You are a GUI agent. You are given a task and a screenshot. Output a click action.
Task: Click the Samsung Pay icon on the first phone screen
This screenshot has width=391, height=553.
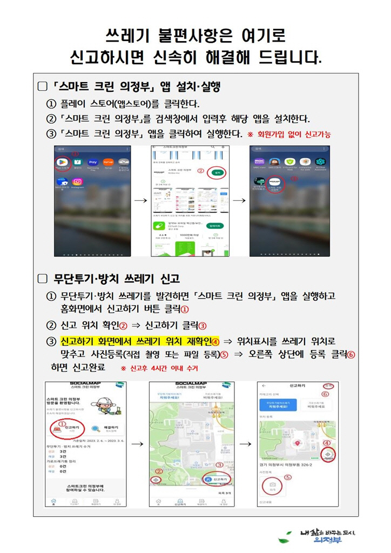pyautogui.click(x=92, y=163)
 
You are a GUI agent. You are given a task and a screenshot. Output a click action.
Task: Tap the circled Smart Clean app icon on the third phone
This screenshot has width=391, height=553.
pyautogui.click(x=275, y=183)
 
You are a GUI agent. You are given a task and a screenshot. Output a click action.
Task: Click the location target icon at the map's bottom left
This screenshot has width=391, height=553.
pyautogui.click(x=156, y=480)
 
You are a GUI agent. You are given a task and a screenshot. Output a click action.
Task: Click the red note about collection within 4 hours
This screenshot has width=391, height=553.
pyautogui.click(x=159, y=368)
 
